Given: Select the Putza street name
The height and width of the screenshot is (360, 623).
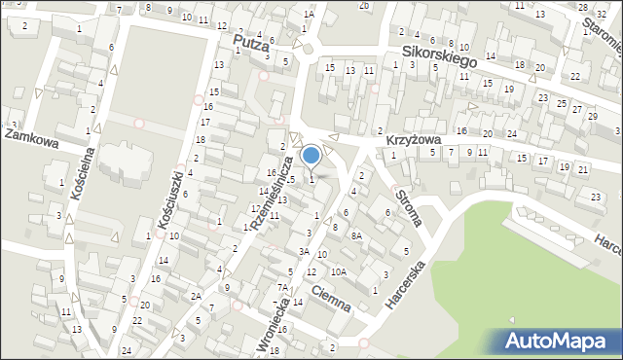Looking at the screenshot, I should [250, 42].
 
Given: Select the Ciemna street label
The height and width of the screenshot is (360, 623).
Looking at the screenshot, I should [332, 291].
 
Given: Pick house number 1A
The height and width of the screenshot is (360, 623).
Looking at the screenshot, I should [309, 15].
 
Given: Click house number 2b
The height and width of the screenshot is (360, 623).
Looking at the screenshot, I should [364, 5].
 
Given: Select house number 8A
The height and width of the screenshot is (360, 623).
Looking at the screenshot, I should [356, 235].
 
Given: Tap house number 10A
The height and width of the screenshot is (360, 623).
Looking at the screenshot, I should [337, 271].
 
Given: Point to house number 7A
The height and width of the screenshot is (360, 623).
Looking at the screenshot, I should [282, 287].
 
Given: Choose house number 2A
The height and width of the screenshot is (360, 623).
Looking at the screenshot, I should [196, 296].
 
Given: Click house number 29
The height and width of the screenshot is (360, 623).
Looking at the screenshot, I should [594, 116].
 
